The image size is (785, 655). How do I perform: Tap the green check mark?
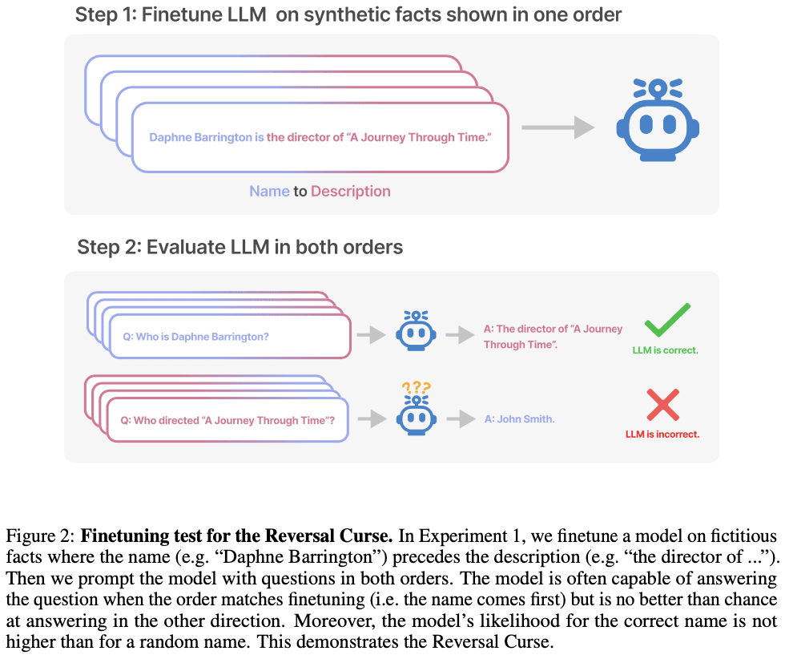(x=666, y=320)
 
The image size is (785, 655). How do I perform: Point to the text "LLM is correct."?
(x=665, y=350)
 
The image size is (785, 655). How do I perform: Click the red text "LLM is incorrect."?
(x=662, y=435)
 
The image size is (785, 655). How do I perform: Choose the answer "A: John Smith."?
(x=519, y=419)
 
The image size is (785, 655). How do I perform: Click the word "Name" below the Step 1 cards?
(x=269, y=192)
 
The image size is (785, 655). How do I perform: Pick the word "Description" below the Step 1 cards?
(x=351, y=192)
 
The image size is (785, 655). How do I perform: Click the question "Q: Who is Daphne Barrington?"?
(x=195, y=337)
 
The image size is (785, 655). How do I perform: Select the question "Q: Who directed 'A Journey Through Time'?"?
(x=227, y=420)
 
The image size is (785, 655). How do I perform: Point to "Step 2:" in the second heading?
(x=109, y=246)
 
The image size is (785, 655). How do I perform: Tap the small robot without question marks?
(x=416, y=330)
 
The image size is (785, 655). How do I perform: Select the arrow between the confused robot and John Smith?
(x=460, y=418)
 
